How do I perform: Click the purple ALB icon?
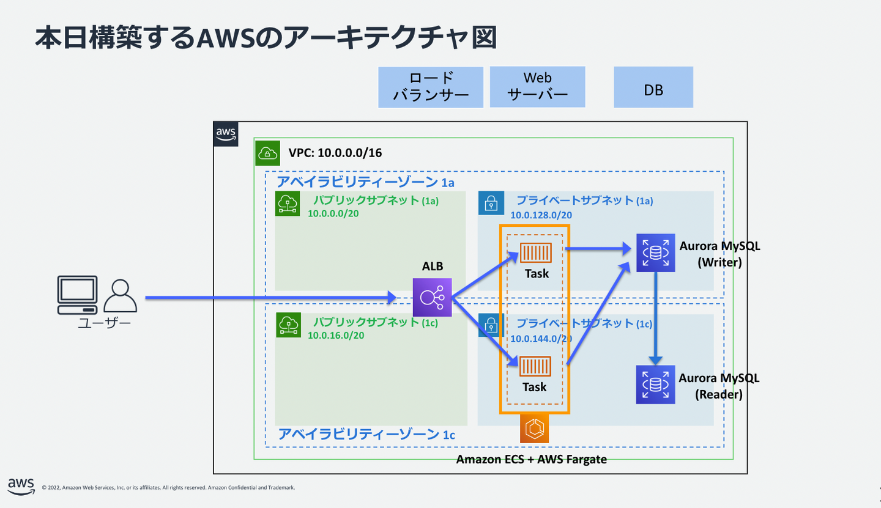[x=432, y=298]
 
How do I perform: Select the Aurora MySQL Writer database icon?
[x=655, y=252]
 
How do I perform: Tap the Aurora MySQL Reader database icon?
[x=655, y=385]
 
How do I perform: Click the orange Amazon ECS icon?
[x=535, y=429]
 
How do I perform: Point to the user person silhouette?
[x=120, y=296]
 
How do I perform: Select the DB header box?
[x=653, y=87]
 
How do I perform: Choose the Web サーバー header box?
[x=537, y=87]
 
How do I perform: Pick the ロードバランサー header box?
[x=431, y=87]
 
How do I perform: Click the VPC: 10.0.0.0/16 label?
[x=335, y=153]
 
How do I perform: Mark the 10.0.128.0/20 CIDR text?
[x=541, y=215]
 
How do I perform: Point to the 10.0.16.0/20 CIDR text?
[x=336, y=335]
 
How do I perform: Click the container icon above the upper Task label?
[x=535, y=252]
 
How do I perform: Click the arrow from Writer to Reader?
[x=655, y=318]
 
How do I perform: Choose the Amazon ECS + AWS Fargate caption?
[x=532, y=459]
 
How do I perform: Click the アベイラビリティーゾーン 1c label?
[x=366, y=435]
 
